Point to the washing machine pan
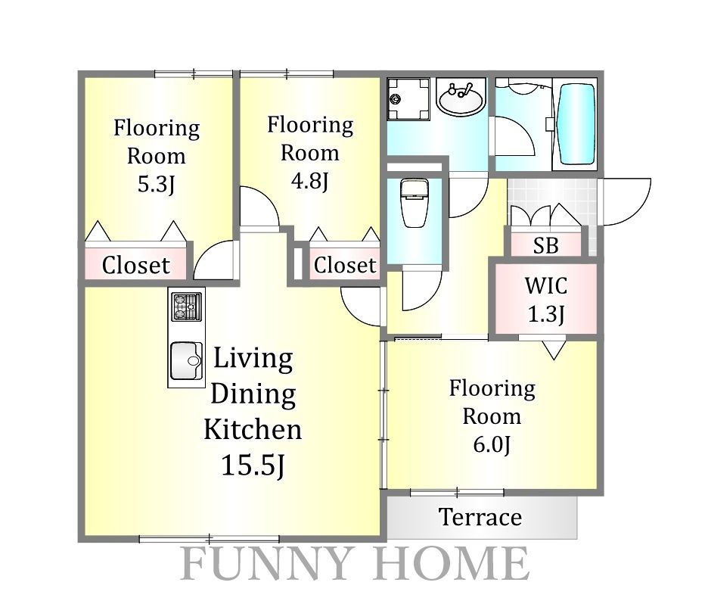[x=408, y=98]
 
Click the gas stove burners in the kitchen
[x=187, y=307]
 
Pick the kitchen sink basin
[x=187, y=361]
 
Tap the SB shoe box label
[x=545, y=245]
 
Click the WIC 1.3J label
[x=546, y=299]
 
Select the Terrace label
[x=480, y=517]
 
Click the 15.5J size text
[x=253, y=465]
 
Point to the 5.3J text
[x=156, y=184]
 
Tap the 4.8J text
[x=309, y=181]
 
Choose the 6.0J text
[x=492, y=444]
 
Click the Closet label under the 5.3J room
[x=136, y=265]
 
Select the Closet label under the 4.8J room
[x=345, y=265]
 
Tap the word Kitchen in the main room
[x=253, y=429]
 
